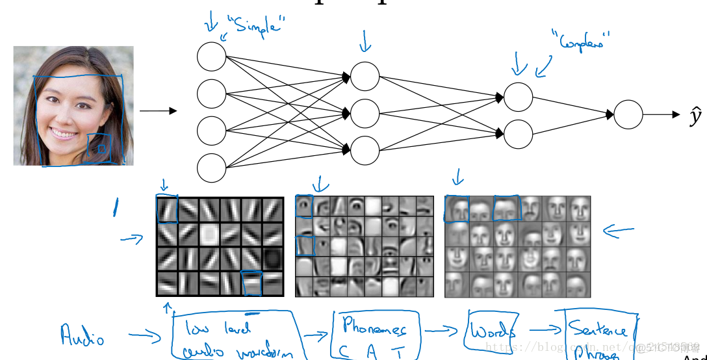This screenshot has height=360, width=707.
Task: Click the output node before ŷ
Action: tap(628, 114)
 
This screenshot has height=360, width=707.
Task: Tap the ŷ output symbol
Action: tap(695, 116)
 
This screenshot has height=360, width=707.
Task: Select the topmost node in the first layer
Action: tap(211, 56)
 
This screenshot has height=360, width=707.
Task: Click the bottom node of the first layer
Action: tap(211, 168)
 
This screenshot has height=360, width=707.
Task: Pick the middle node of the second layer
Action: tap(365, 114)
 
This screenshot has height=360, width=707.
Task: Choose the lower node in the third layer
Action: tap(518, 135)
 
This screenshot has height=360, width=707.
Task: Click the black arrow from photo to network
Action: tap(158, 111)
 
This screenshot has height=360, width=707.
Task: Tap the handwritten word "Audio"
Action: tap(83, 335)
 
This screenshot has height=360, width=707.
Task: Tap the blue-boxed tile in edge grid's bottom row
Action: tap(251, 283)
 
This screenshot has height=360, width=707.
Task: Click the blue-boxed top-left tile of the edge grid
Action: tap(167, 209)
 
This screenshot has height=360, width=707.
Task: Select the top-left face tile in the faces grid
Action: tap(457, 209)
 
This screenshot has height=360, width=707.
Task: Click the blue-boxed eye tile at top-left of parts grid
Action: tap(304, 207)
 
